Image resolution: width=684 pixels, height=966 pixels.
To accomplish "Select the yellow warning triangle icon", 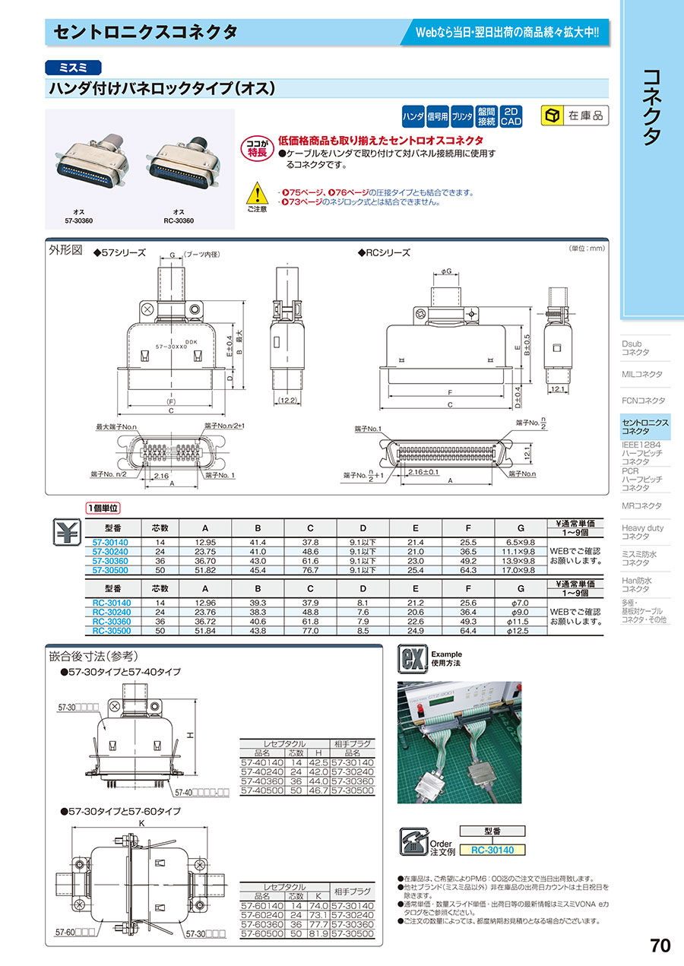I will tap(258, 194).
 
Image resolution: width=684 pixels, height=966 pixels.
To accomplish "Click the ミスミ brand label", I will tap(71, 67).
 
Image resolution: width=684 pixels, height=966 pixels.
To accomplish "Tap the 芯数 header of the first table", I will tap(160, 527).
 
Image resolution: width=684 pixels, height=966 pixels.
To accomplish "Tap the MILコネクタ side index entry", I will tap(641, 375).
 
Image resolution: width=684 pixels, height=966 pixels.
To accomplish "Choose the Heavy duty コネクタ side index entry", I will tap(642, 532).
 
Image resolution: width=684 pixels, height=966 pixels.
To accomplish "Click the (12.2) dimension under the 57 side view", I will tap(287, 400).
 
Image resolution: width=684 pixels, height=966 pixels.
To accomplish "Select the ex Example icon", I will tap(411, 658).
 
